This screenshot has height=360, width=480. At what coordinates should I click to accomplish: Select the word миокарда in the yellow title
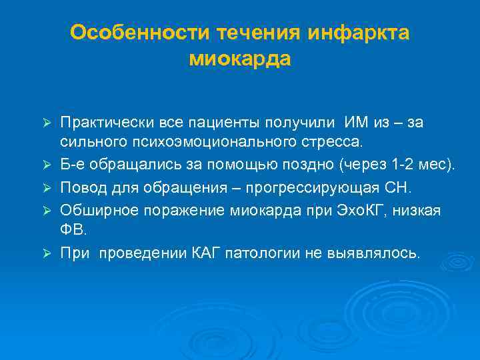pyautogui.click(x=240, y=59)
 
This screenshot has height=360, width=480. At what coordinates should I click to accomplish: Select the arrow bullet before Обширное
pyautogui.click(x=46, y=211)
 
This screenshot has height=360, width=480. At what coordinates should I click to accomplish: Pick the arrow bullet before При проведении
pyautogui.click(x=46, y=253)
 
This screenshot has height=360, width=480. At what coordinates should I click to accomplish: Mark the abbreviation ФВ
pyautogui.click(x=74, y=231)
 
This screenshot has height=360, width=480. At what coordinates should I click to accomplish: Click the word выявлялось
pyautogui.click(x=379, y=253)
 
